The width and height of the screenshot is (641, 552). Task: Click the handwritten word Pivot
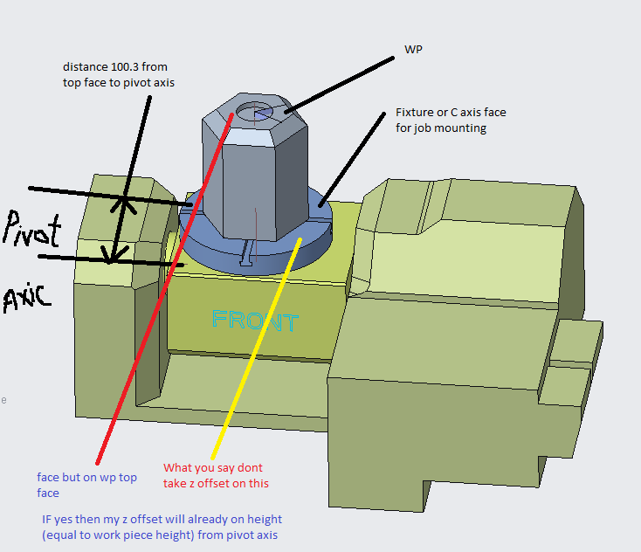pos(32,231)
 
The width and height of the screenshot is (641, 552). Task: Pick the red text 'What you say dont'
pos(213,468)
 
